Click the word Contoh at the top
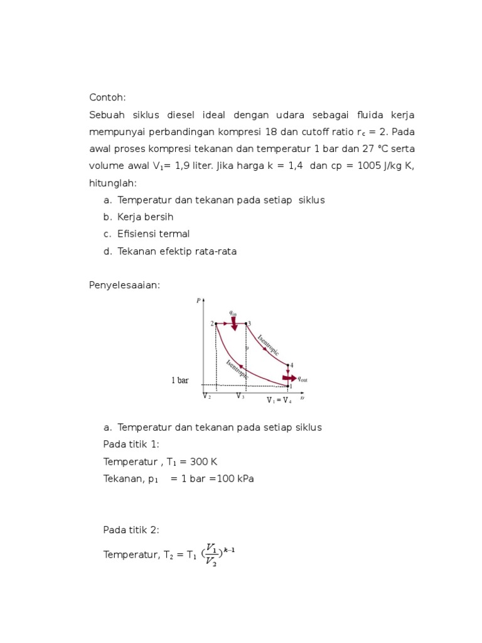[107, 97]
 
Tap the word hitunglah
[112, 183]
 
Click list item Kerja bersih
[145, 217]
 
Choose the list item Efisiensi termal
[153, 234]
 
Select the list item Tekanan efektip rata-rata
[176, 251]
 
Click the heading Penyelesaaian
[124, 285]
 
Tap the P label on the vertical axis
[198, 301]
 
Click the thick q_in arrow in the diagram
[234, 323]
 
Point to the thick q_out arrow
[289, 379]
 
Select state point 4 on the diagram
[289, 365]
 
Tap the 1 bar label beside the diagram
[179, 381]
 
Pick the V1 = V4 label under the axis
[279, 400]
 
